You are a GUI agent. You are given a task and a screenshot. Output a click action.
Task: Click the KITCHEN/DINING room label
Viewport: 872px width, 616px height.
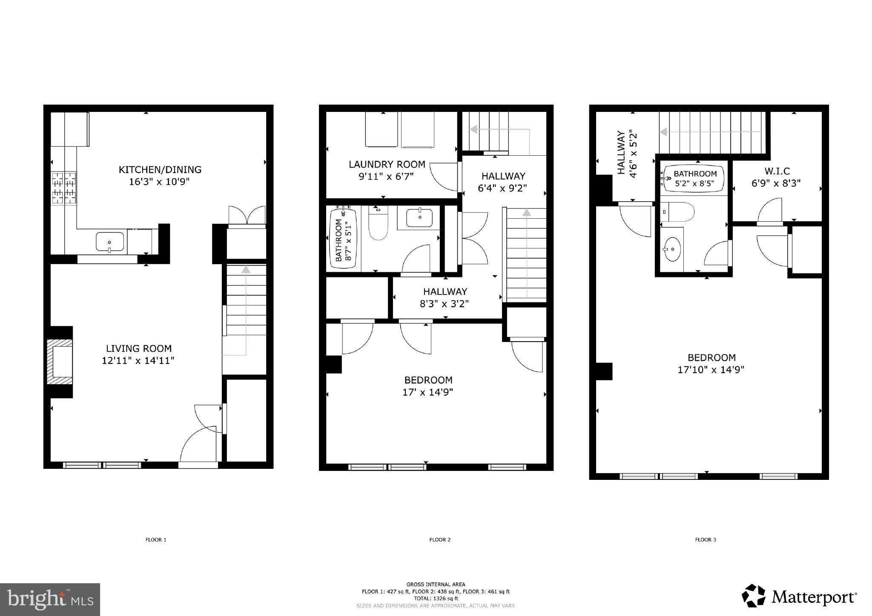[x=160, y=170]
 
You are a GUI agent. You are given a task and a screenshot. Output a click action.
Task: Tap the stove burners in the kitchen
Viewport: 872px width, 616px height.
[x=64, y=188]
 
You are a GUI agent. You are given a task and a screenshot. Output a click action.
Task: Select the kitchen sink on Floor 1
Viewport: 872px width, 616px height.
[x=110, y=242]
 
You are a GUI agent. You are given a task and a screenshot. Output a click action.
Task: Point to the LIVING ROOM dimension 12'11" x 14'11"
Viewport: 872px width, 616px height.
[x=138, y=361]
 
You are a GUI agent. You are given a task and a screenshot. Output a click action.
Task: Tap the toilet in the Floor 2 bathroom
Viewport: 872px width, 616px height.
[x=378, y=223]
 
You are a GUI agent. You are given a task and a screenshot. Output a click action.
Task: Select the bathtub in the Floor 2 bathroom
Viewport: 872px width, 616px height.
[x=343, y=237]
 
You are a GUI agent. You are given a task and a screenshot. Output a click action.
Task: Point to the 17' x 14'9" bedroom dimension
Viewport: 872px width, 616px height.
[x=427, y=392]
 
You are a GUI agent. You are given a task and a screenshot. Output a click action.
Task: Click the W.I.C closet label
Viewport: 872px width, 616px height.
[x=777, y=171]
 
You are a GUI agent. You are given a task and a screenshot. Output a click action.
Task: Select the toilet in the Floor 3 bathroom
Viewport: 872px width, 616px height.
[x=679, y=211]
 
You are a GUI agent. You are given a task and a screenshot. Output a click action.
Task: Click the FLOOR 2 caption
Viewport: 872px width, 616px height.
[x=440, y=539]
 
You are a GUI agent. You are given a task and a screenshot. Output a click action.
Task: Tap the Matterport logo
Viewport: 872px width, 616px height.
[x=799, y=597]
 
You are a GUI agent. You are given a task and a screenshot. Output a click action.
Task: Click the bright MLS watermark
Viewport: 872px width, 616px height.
[x=50, y=599]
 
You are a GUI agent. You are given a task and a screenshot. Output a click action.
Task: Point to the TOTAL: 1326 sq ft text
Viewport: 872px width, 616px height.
[x=436, y=598]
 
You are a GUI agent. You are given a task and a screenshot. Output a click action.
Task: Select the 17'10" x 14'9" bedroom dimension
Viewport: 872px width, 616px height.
[x=711, y=370]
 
